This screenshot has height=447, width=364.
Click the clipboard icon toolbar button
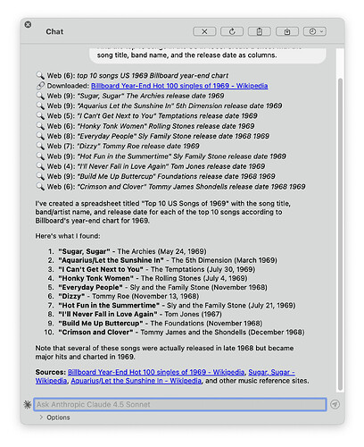(x=260, y=30)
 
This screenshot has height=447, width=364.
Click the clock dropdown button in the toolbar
(x=312, y=30)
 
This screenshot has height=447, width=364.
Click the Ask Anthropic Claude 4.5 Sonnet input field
(x=178, y=404)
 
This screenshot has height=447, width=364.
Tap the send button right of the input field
(x=335, y=404)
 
